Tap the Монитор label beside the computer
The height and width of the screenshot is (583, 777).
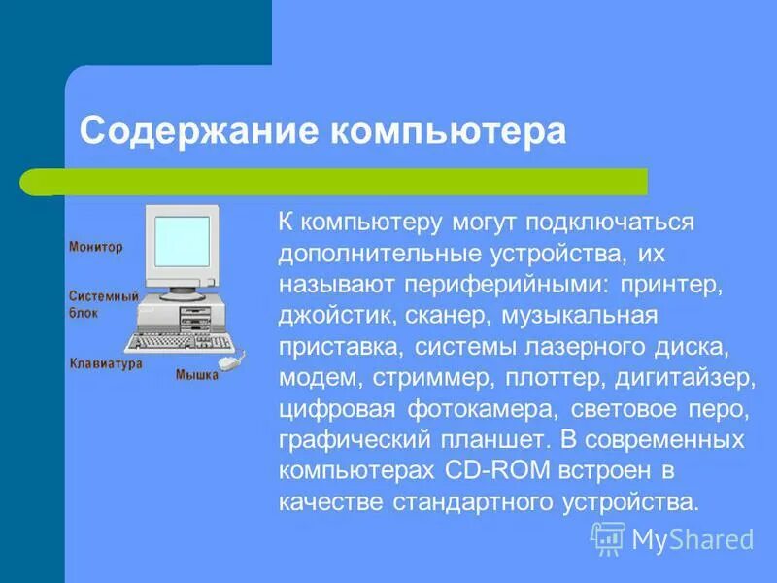pyautogui.click(x=95, y=247)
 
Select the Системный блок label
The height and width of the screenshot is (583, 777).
pyautogui.click(x=102, y=303)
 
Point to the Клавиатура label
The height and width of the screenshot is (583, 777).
pyautogui.click(x=106, y=363)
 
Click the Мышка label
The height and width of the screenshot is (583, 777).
pyautogui.click(x=197, y=375)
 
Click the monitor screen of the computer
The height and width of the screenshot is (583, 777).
pyautogui.click(x=183, y=241)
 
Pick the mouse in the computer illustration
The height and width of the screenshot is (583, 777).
pyautogui.click(x=229, y=362)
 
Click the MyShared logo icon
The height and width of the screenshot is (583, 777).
pyautogui.click(x=608, y=538)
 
